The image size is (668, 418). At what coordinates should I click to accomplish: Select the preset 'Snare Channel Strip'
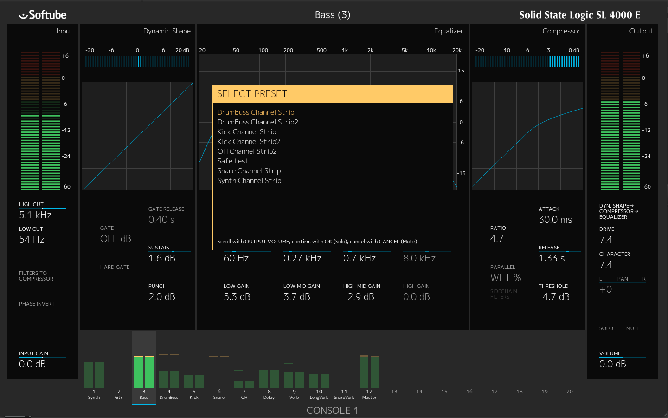249,171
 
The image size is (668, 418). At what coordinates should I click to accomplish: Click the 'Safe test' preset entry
233,161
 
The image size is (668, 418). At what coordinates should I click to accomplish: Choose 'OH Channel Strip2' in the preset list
247,151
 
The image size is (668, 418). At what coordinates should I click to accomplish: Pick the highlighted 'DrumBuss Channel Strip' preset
256,112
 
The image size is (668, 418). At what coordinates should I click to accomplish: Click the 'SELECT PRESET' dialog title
252,94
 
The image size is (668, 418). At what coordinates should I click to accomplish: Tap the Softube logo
43,15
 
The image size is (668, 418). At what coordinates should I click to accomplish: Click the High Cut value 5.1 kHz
35,215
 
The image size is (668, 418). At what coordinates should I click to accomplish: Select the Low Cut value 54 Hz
32,240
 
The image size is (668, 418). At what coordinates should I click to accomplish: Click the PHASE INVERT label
37,304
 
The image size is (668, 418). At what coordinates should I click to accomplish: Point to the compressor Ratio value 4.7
496,239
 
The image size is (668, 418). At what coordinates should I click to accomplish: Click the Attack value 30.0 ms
555,220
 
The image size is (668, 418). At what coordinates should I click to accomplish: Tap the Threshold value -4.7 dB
554,297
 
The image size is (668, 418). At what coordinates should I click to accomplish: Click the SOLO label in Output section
606,328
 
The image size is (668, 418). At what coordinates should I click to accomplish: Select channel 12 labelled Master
369,394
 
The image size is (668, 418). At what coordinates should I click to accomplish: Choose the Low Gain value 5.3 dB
237,297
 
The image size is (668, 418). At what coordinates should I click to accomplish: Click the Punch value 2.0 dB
162,297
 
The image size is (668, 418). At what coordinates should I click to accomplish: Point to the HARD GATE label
115,267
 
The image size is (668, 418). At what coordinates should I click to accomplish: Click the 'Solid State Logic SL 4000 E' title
579,15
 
